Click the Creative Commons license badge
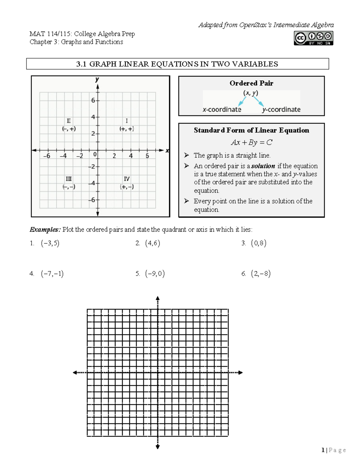point(313,38)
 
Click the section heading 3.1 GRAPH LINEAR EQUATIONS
point(177,64)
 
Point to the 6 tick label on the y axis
point(93,101)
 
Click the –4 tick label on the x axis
point(63,156)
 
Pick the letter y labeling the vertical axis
point(97,80)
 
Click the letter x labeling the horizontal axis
point(167,151)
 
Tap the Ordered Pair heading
point(251,83)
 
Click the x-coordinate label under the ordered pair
point(222,110)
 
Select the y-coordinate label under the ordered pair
point(281,110)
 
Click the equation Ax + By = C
point(251,142)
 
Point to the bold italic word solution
point(263,166)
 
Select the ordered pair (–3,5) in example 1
point(50,243)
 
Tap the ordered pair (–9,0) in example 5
point(155,274)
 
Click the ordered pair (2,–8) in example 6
point(261,274)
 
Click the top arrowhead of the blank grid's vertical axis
point(158,298)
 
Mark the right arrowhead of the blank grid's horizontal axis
point(240,373)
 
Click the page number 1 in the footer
point(323,450)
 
